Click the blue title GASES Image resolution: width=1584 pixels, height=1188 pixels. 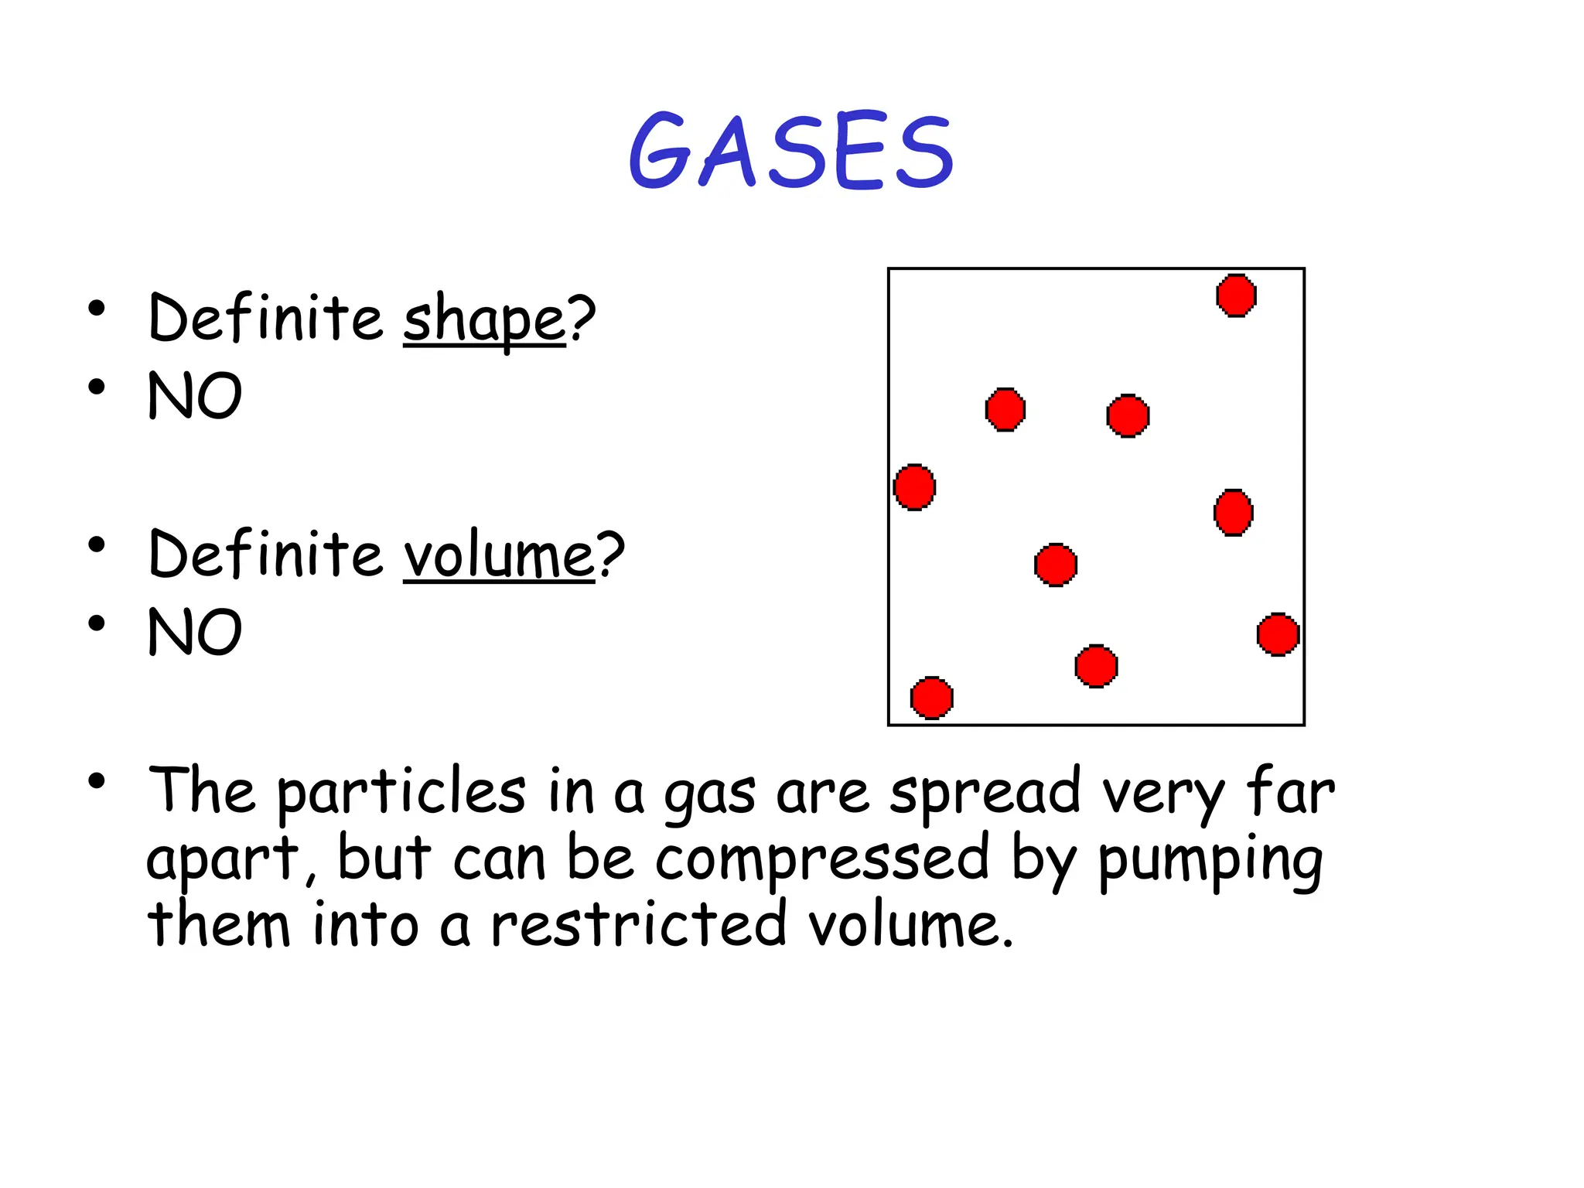790,151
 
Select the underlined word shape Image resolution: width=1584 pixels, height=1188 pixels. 484,319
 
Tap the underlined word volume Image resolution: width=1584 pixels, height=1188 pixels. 499,555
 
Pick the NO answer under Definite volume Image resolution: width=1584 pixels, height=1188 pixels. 195,632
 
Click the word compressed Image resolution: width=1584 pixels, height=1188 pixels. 822,859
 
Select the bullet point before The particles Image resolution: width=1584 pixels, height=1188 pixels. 96,781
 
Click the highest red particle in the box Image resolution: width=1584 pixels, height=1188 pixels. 1236,295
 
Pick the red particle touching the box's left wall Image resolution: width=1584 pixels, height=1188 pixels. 914,487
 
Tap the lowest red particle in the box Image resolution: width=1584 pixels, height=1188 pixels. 931,698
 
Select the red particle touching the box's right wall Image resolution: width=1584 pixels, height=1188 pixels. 1278,635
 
